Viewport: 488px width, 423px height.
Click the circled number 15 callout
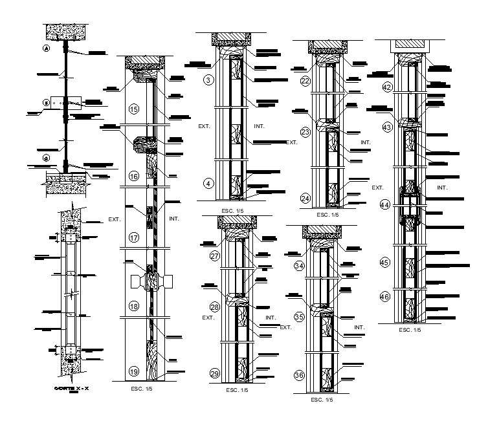pos(134,109)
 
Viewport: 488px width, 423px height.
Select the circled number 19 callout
pos(134,371)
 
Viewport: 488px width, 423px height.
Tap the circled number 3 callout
pos(208,80)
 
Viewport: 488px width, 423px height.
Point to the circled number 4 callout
pos(208,184)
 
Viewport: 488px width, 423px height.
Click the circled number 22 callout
pos(306,81)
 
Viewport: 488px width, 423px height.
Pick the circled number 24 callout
pos(306,199)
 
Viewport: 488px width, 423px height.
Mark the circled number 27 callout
pos(215,255)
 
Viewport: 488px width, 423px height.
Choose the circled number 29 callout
pos(215,373)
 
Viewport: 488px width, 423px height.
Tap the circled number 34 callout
pos(300,265)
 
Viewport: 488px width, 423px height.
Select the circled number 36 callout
pos(300,376)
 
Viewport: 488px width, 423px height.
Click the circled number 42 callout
pos(388,87)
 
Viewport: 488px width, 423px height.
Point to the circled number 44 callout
pos(385,205)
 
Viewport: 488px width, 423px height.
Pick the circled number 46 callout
pos(385,297)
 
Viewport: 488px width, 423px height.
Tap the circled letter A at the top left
pos(46,49)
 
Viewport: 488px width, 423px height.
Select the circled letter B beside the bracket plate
pos(46,102)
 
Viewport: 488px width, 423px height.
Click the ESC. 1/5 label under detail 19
pos(142,389)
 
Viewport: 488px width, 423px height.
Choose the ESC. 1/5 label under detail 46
pos(409,330)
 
